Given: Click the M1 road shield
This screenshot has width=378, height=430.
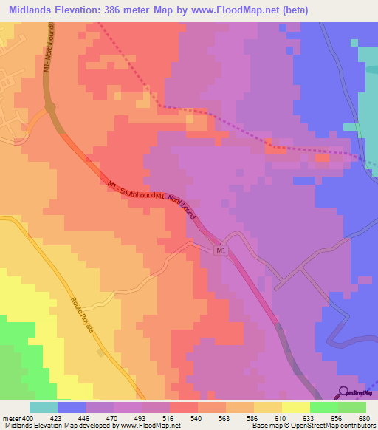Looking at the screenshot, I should pos(221,251).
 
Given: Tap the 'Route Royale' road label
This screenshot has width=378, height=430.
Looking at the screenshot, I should pos(83,315).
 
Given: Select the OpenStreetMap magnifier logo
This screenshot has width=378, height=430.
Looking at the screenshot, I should pos(343,392).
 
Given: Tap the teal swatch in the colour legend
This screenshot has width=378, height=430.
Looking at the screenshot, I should pos(43,407).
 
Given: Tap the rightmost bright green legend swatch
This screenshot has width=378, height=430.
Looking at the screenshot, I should pos(352,407).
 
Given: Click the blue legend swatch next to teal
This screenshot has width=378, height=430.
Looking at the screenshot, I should pos(71,407).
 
